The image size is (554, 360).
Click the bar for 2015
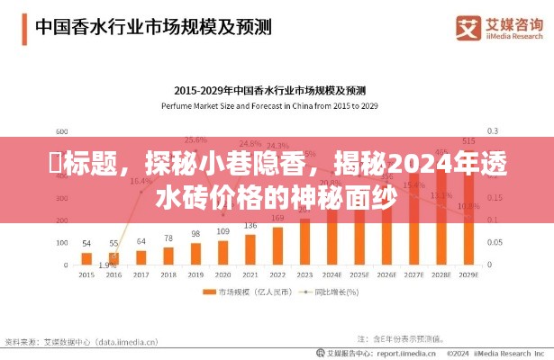pyautogui.click(x=86, y=258)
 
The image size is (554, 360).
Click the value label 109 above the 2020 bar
pyautogui.click(x=223, y=231)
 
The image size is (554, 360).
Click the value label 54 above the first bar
pyautogui.click(x=86, y=243)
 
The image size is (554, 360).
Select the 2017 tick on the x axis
pyautogui.click(x=141, y=274)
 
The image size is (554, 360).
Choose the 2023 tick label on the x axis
pyautogui.click(x=304, y=274)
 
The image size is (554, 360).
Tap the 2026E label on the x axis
pyautogui.click(x=386, y=274)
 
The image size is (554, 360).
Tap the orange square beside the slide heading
pyautogui.click(x=20, y=27)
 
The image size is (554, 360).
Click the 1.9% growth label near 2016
pyautogui.click(x=107, y=265)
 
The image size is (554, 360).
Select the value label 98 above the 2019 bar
pyautogui.click(x=195, y=234)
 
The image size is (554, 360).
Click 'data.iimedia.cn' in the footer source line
pyautogui.click(x=116, y=342)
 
